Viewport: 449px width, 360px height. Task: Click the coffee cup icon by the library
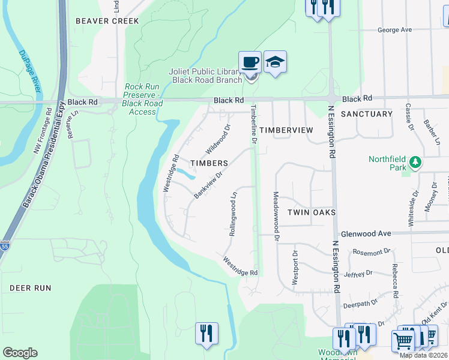coord(250,62)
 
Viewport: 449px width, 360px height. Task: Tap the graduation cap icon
coord(275,62)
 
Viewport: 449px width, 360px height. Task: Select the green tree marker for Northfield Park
coord(414,162)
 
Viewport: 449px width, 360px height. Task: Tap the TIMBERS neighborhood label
coord(208,163)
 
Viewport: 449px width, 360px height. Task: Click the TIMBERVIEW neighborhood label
coord(286,130)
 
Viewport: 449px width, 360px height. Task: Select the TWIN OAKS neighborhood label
coord(310,212)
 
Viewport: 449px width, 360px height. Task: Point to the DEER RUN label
coord(30,288)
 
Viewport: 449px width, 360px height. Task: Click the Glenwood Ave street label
coord(366,234)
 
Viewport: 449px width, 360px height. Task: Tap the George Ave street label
coord(394,29)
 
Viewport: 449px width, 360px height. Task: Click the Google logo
coord(20,353)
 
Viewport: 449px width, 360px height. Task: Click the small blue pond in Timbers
coord(186,174)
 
